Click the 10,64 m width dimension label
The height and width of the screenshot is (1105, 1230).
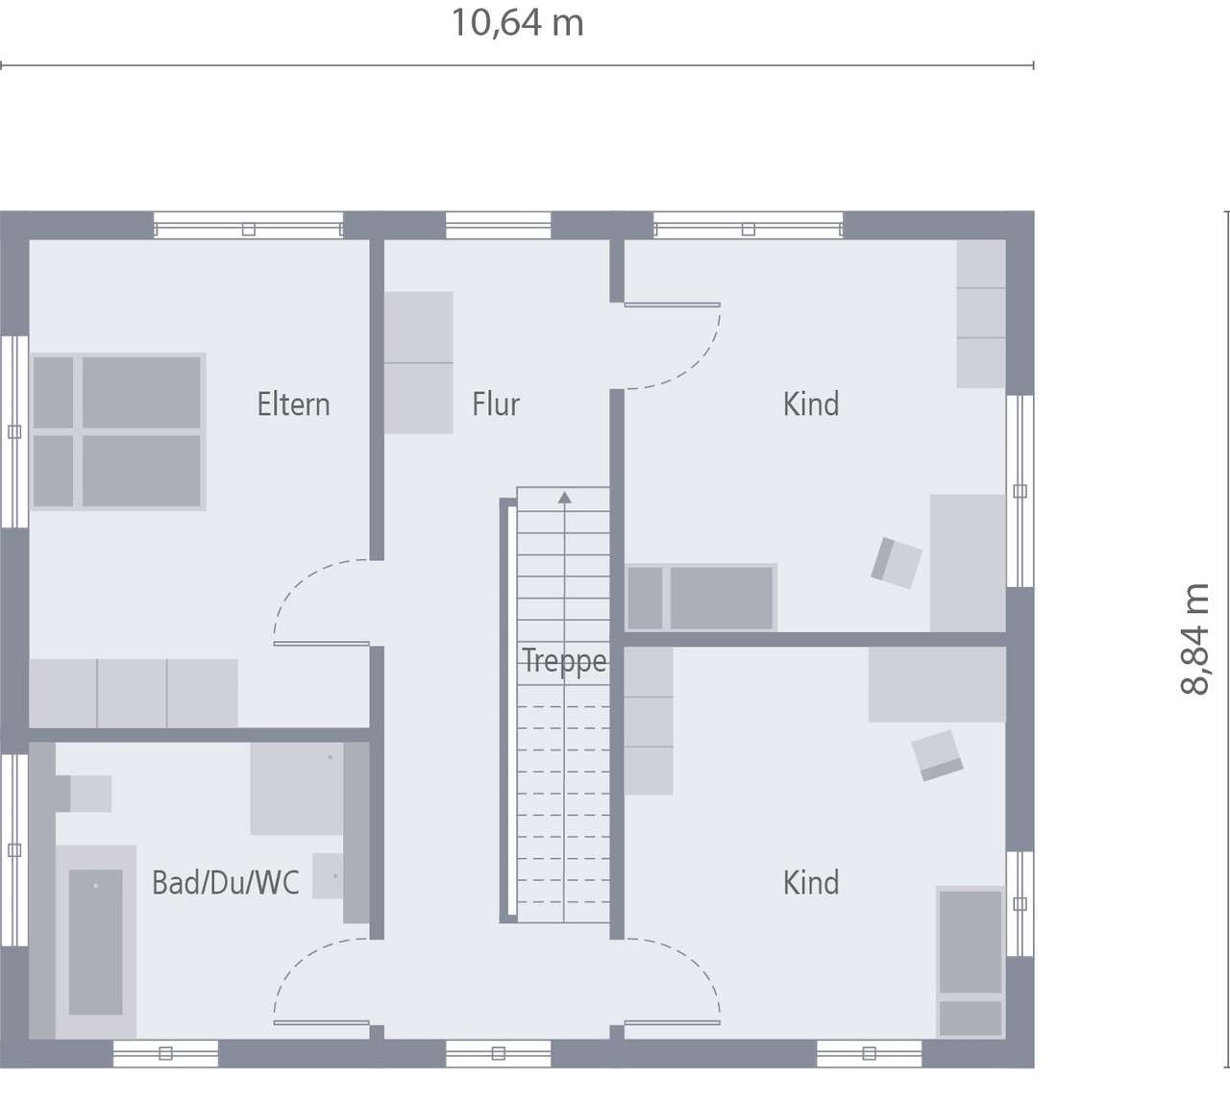click(x=517, y=23)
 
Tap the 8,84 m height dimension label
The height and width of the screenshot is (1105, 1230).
click(x=1195, y=638)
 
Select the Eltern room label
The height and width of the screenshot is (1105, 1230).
click(x=293, y=405)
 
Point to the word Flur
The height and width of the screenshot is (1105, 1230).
click(x=495, y=405)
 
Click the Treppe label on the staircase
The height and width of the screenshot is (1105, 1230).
click(x=564, y=661)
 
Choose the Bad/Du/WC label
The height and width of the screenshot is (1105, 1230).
click(x=226, y=882)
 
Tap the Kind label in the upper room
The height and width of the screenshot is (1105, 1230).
click(x=811, y=405)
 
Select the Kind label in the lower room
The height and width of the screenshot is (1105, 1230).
click(x=811, y=882)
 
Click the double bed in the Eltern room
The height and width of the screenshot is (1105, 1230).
click(x=118, y=431)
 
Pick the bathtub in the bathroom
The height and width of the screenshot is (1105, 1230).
click(x=95, y=942)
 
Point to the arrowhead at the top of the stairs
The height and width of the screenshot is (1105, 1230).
click(x=564, y=497)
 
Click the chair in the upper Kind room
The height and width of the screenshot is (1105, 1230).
click(x=897, y=563)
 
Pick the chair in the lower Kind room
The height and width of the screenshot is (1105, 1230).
click(x=937, y=754)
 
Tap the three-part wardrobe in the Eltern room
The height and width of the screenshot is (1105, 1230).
click(x=134, y=693)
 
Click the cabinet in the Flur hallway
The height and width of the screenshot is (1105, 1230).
click(x=418, y=362)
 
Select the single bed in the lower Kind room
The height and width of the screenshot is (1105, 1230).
click(x=971, y=961)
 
